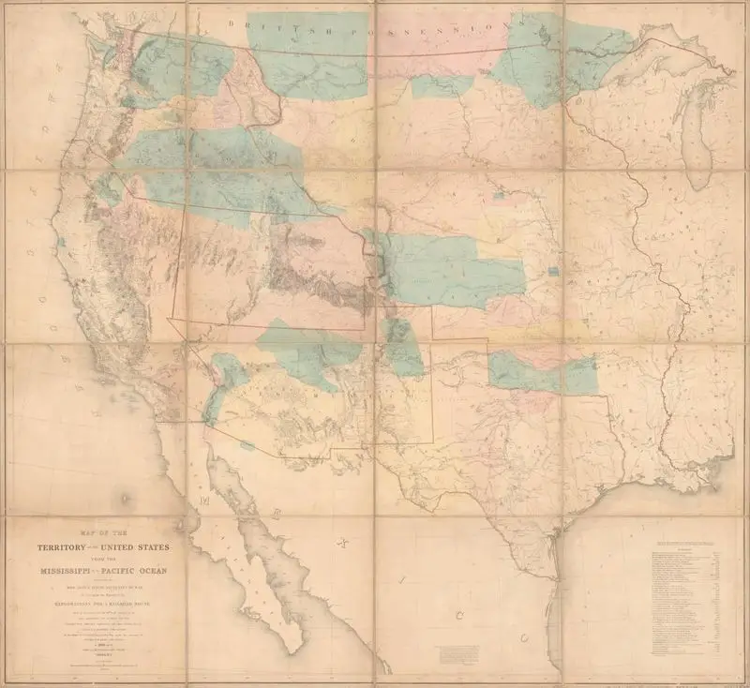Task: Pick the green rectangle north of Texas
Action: click(x=544, y=373)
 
